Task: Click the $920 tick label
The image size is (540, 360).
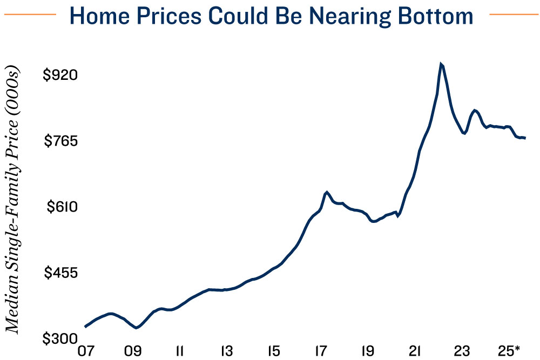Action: (x=60, y=74)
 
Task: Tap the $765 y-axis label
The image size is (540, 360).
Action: (x=60, y=141)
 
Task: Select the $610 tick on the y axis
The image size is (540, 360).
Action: (x=60, y=207)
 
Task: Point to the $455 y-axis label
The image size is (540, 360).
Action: (x=60, y=273)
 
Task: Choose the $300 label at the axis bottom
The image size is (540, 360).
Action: (x=60, y=338)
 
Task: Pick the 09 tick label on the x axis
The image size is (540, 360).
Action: (x=132, y=351)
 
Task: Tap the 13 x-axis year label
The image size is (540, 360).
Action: (x=226, y=351)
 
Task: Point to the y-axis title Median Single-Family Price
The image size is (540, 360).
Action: (x=12, y=200)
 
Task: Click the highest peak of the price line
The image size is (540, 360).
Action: (x=441, y=64)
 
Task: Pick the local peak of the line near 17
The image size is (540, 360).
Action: (x=326, y=192)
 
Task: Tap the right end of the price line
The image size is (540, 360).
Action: (x=525, y=138)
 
